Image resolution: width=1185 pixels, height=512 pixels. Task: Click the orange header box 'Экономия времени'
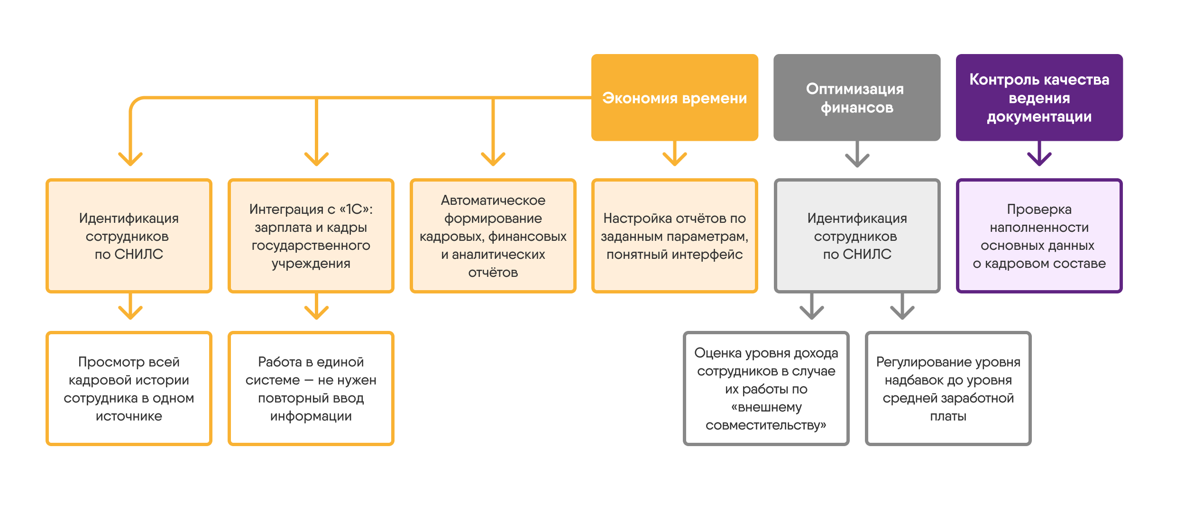point(674,97)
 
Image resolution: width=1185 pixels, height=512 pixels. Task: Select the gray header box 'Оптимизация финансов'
point(857,97)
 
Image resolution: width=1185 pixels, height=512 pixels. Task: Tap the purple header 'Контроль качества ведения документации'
point(1039,97)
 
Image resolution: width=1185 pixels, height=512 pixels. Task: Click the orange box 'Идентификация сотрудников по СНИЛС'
point(129,236)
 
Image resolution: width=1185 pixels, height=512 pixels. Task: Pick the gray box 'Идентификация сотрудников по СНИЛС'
point(857,236)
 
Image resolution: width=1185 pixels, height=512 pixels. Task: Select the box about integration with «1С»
point(311,236)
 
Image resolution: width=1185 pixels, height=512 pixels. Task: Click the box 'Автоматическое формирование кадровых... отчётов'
point(493,236)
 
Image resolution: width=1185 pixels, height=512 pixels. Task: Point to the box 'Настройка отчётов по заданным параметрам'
point(674,236)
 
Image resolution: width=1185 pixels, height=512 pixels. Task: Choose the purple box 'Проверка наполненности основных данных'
point(1039,236)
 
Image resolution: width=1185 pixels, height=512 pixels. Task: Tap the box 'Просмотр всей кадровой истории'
point(129,388)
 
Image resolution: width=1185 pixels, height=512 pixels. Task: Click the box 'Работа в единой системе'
point(311,388)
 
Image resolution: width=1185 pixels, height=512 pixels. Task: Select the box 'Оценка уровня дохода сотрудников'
point(766,388)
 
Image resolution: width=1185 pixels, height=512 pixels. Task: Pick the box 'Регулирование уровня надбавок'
point(948,388)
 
